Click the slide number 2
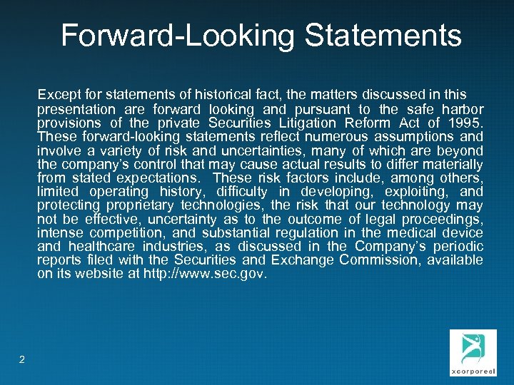[x=22, y=359]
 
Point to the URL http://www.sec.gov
[x=203, y=274]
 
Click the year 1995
[x=465, y=123]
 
